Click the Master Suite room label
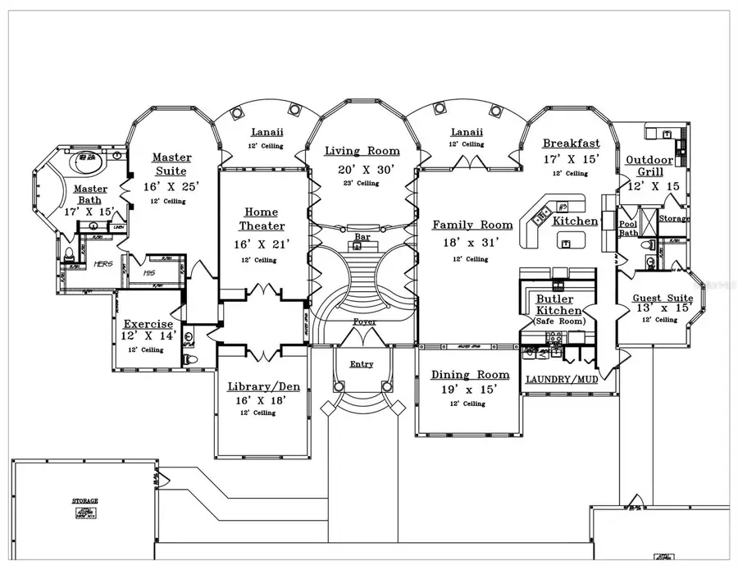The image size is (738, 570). coord(172,164)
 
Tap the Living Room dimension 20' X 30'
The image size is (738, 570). coord(362,169)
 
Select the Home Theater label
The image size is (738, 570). coord(262,219)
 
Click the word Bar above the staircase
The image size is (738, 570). coord(362,236)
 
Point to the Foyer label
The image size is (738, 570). coord(365,322)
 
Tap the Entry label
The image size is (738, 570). coord(362,364)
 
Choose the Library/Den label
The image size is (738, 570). coord(263,386)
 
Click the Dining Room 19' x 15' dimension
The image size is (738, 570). coord(470,390)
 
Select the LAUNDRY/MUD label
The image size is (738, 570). coord(562,380)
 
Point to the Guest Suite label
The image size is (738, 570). coord(663,299)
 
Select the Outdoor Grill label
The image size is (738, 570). coord(649,166)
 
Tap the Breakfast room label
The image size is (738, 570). coord(572,144)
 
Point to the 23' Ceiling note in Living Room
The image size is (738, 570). coord(362,183)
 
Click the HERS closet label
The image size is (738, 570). coord(102,264)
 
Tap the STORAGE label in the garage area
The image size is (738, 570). coord(84,500)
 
